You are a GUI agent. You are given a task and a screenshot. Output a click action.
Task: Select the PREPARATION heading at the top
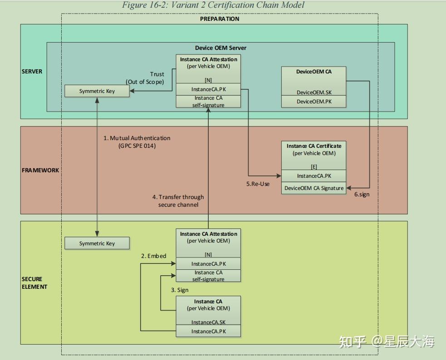point(220,19)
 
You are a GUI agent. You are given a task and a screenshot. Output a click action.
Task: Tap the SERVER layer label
point(32,72)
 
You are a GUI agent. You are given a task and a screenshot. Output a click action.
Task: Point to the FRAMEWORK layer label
point(40,170)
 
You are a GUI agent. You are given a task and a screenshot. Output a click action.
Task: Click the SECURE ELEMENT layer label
point(34,283)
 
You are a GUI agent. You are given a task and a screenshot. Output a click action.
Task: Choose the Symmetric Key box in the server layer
point(97,91)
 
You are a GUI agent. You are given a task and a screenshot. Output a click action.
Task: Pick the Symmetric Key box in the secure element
point(97,243)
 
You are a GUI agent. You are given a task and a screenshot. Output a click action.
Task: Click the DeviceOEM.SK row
point(314,92)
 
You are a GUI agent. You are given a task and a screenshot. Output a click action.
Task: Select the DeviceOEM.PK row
point(314,102)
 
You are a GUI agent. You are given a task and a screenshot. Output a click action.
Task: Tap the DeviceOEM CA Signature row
point(314,188)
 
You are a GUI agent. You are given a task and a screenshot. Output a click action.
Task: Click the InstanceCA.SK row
point(208,322)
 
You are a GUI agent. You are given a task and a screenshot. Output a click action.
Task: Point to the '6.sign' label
point(361,194)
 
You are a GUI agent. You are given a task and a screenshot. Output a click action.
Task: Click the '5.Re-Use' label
point(258,184)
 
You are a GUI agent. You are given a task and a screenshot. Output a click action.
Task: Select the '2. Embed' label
point(153,256)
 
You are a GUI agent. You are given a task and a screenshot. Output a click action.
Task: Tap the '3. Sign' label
point(180,290)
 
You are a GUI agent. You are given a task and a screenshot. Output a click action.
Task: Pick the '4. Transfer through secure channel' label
point(178,201)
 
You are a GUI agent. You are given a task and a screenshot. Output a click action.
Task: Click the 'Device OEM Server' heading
point(221,48)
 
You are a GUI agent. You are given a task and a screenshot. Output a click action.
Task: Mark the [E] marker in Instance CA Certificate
point(314,167)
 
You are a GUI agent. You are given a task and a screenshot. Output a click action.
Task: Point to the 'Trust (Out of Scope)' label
point(146,78)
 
